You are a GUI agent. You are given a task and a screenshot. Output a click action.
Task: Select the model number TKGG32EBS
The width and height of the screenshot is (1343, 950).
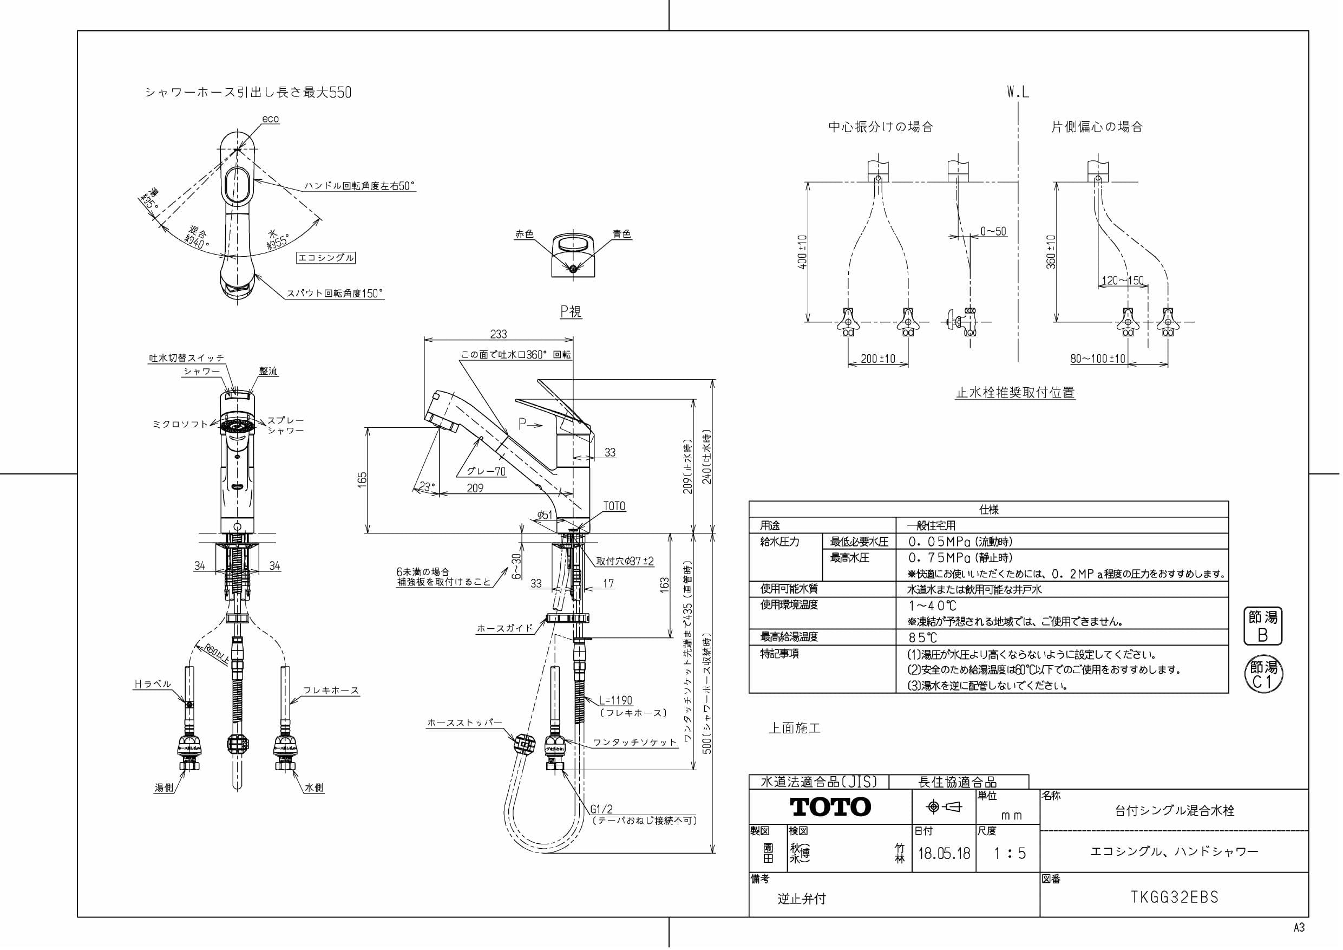[1175, 897]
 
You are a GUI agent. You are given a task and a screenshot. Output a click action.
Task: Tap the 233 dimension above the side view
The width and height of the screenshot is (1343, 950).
[499, 334]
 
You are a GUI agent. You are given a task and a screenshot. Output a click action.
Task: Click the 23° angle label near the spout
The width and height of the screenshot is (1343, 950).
[427, 486]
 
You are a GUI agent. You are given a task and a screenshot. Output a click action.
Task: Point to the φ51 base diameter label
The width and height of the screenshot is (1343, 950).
[545, 515]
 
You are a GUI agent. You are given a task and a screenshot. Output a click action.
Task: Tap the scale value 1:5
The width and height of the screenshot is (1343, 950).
[1010, 854]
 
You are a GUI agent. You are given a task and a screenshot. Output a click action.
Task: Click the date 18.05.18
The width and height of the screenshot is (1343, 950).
[944, 854]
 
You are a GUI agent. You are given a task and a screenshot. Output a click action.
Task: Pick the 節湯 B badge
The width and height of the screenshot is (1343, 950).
[1262, 626]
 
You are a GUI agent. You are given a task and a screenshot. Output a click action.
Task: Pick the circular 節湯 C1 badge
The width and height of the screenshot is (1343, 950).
[1262, 674]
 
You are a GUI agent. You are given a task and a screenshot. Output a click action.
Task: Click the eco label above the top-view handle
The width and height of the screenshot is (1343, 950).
[270, 119]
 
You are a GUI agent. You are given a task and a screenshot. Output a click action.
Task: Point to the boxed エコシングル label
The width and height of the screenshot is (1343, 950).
[326, 258]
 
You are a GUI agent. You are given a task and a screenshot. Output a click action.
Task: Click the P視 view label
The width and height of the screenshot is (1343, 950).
[571, 311]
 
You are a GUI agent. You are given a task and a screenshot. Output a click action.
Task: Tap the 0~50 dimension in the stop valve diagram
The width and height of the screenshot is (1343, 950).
[993, 231]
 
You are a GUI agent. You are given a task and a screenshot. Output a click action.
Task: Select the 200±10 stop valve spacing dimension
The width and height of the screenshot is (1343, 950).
[877, 359]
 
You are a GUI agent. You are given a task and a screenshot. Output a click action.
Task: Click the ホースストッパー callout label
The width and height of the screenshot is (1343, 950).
[464, 723]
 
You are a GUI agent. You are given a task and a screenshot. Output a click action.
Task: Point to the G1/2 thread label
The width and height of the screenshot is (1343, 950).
[601, 810]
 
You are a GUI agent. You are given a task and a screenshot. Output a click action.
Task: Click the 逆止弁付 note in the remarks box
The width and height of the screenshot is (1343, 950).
[801, 899]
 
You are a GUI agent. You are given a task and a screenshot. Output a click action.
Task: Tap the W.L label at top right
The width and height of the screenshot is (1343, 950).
[1018, 92]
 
